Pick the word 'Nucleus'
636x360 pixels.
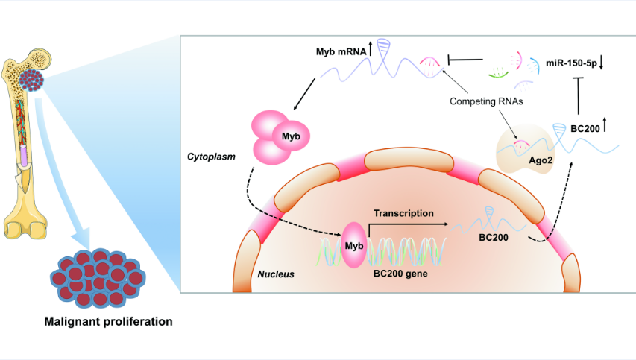tap(276, 274)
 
